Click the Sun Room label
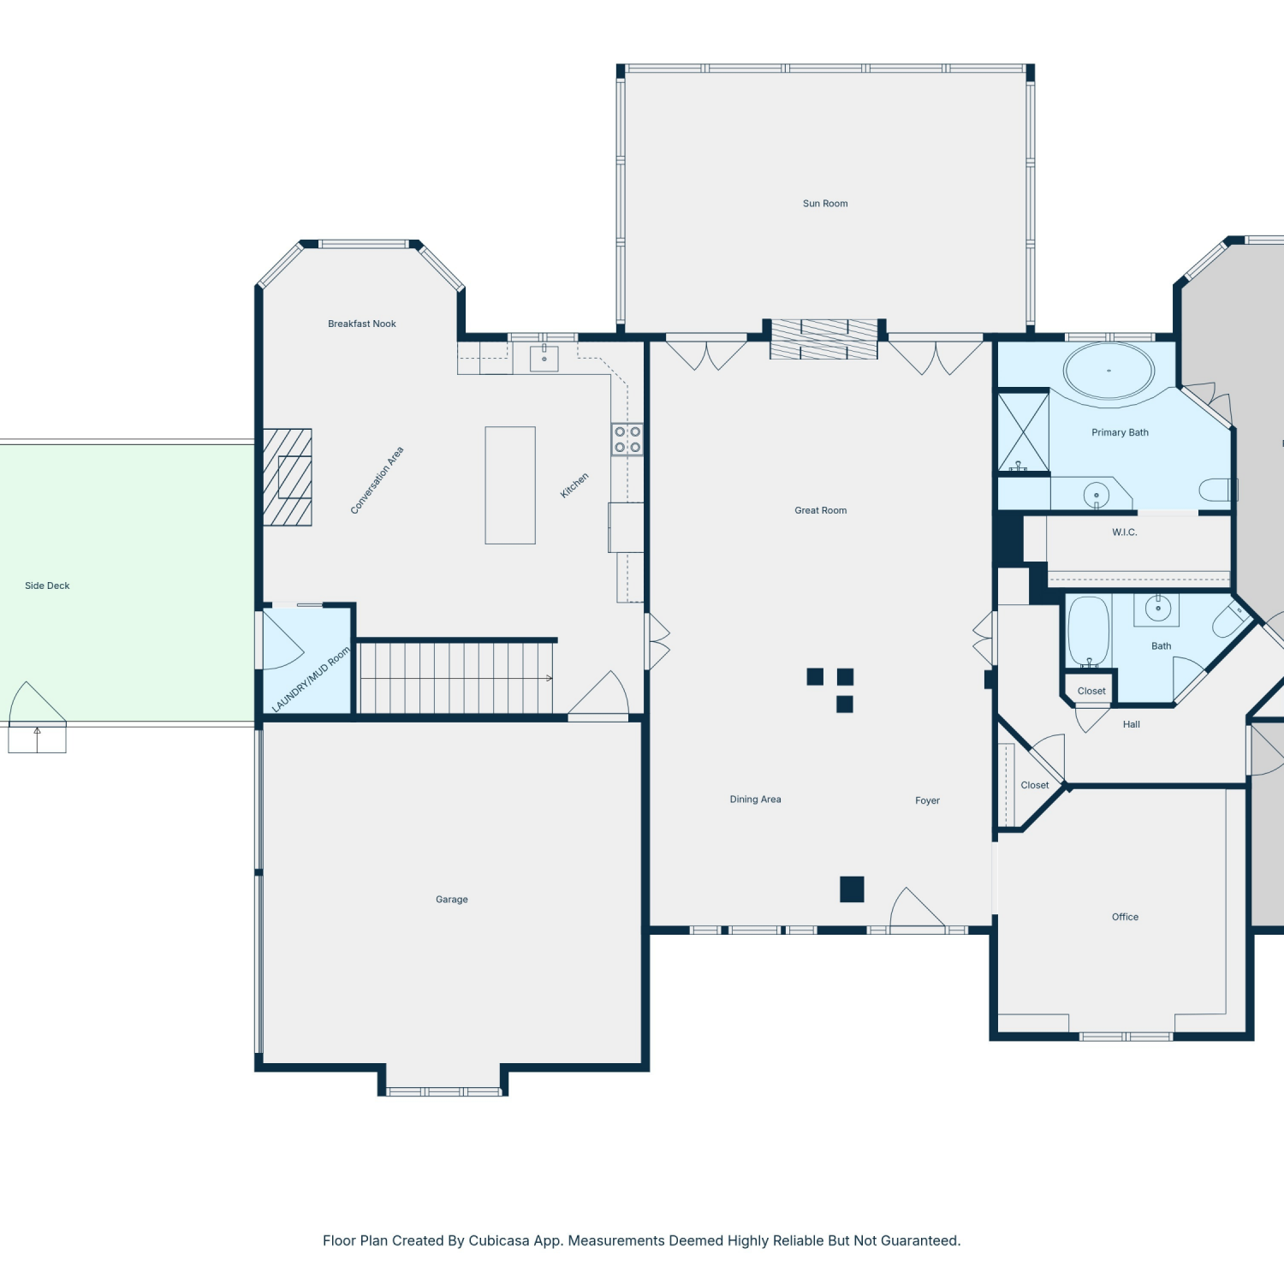825,204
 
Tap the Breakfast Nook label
362,324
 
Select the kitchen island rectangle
510,485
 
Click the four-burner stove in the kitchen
627,439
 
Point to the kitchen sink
544,358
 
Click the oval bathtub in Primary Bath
1109,371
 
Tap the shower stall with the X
1024,431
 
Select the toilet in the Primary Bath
1217,490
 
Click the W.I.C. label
1125,532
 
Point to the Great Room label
821,510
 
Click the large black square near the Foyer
852,889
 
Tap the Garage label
452,900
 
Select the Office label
1126,917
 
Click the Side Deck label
47,586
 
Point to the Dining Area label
756,800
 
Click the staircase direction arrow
456,678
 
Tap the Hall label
1132,724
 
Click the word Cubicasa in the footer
498,1240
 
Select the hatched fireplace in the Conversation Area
288,477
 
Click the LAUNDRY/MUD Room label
311,680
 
